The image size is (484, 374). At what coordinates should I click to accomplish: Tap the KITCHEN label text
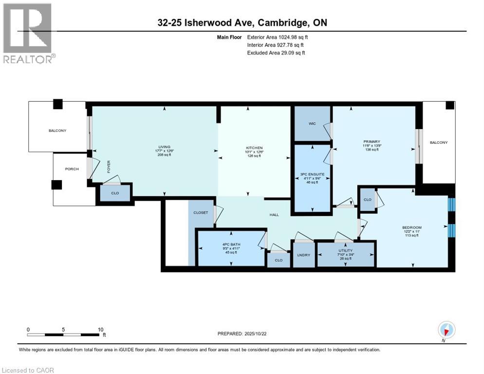point(254,148)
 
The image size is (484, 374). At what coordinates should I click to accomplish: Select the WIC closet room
point(312,124)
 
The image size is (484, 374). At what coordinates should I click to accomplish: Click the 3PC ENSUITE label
point(312,174)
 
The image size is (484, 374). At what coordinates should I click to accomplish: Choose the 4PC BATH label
point(232,244)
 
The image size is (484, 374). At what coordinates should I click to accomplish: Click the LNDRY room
point(303,255)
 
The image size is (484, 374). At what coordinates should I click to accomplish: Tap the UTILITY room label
point(345,250)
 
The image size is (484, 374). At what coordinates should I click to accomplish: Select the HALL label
point(274,214)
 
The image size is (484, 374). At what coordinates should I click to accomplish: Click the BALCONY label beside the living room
point(57,131)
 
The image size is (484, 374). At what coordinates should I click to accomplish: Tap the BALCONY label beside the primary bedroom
point(438,143)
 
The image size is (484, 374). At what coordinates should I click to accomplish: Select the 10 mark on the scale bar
point(100,329)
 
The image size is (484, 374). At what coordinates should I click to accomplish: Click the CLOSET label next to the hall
point(201,213)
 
